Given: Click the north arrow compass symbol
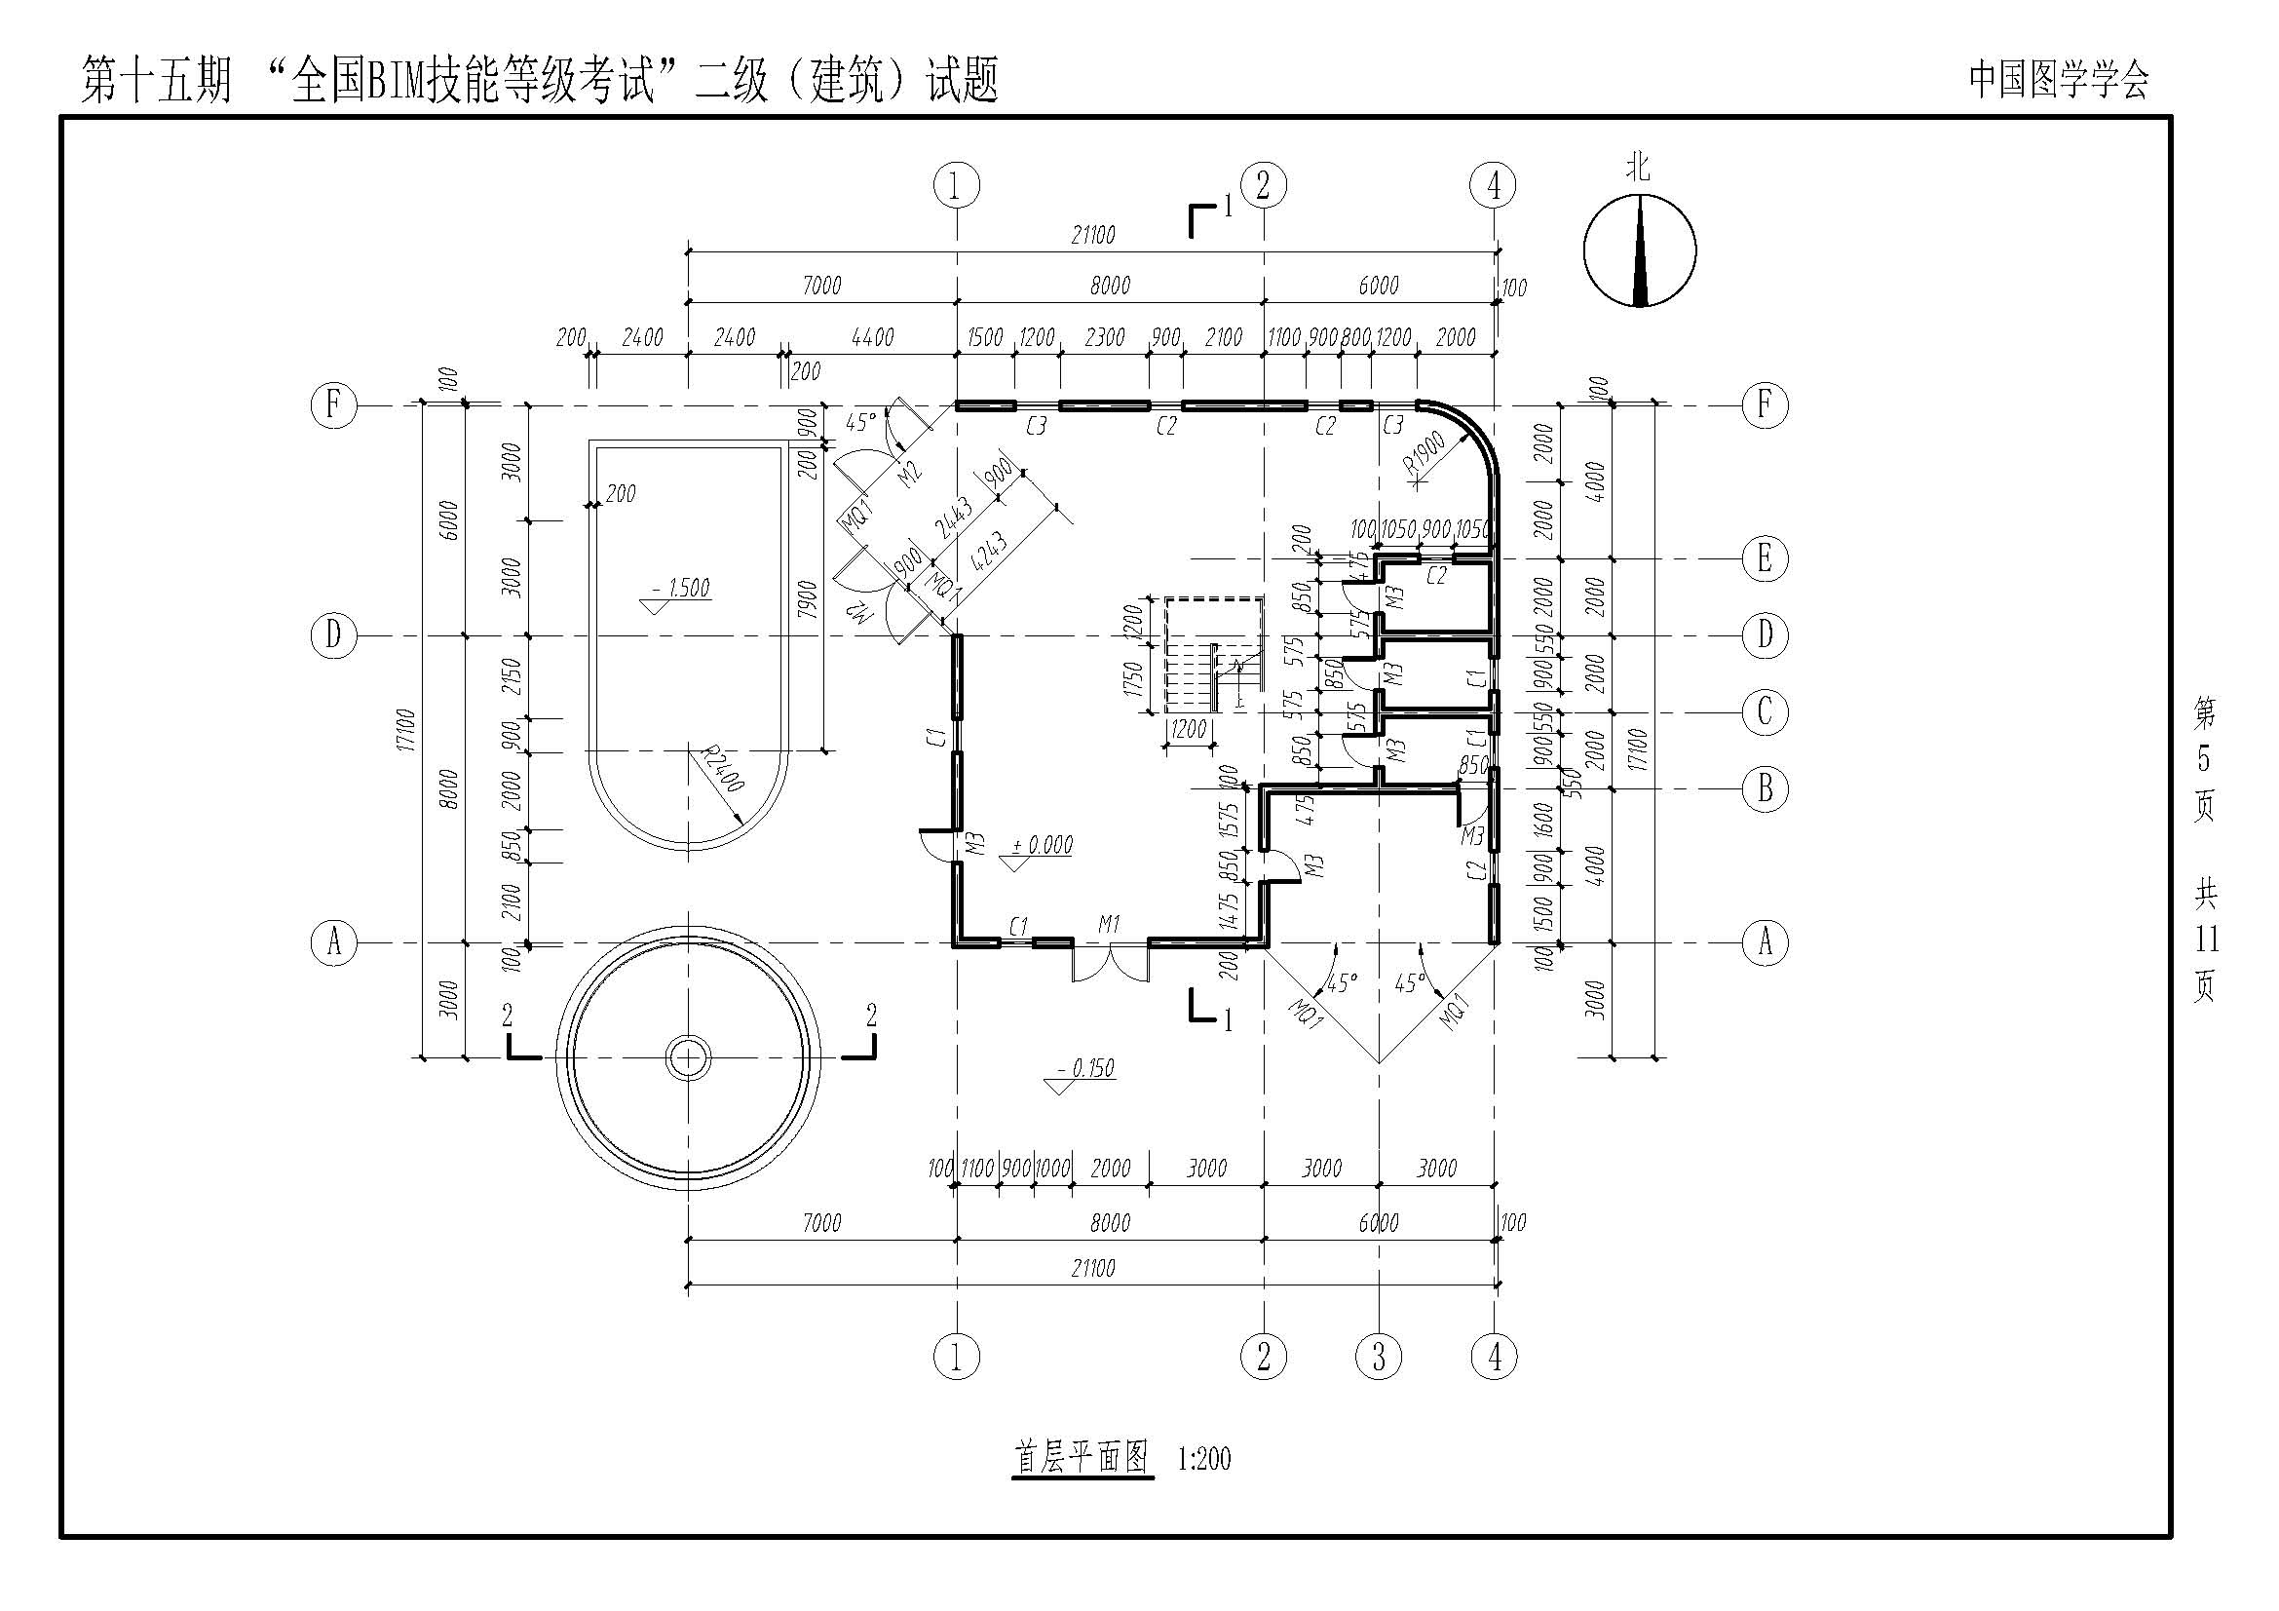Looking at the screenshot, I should (1639, 251).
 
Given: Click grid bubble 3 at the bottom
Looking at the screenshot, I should (1379, 1356).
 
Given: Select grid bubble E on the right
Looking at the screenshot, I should (1765, 558).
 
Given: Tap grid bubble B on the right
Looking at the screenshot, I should (1765, 789).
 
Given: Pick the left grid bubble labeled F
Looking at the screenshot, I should (333, 405).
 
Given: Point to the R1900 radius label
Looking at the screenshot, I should (1424, 453).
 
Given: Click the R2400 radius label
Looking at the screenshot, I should (722, 769).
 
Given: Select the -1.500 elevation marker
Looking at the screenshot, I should (680, 589).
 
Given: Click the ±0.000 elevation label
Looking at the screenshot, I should (1043, 846).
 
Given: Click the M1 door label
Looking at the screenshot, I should (1109, 925).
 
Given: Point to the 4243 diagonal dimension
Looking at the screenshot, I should (989, 552).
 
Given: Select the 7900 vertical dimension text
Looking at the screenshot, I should (808, 599).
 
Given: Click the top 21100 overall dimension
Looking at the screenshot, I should (1093, 235).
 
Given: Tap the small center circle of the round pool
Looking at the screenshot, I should (687, 1057).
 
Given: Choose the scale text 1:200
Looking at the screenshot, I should (1204, 1459).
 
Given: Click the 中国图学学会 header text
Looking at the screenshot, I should (2059, 79).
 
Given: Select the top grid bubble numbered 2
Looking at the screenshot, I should (1263, 185).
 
